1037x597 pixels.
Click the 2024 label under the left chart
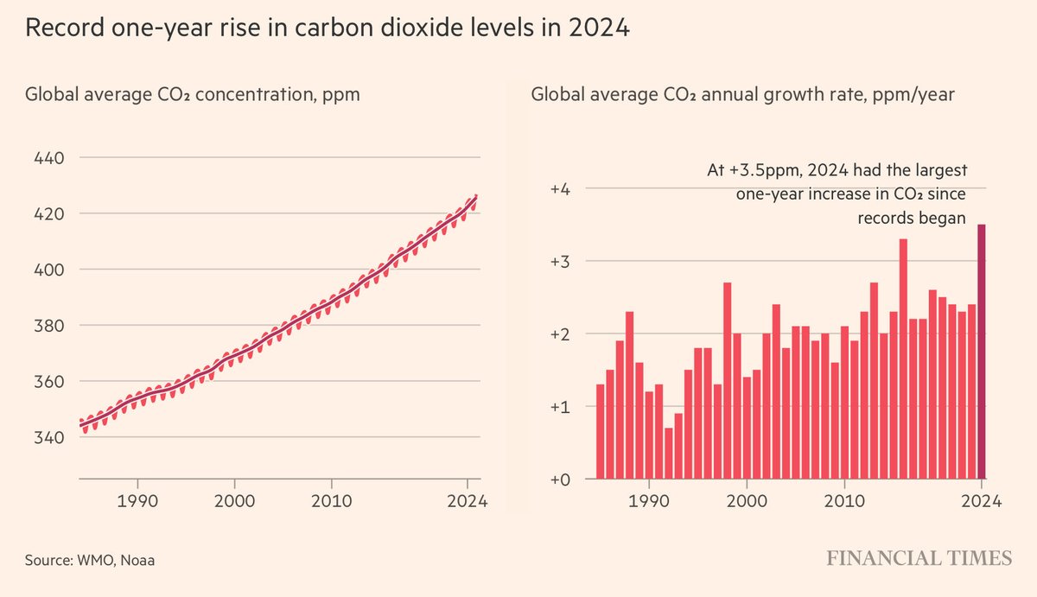pos(468,502)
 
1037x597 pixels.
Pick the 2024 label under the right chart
pos(982,502)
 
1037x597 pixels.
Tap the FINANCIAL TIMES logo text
pos(918,559)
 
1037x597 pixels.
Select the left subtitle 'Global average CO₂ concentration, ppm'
pos(192,94)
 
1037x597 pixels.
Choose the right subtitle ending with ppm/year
pos(742,94)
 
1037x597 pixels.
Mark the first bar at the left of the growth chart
pos(600,431)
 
